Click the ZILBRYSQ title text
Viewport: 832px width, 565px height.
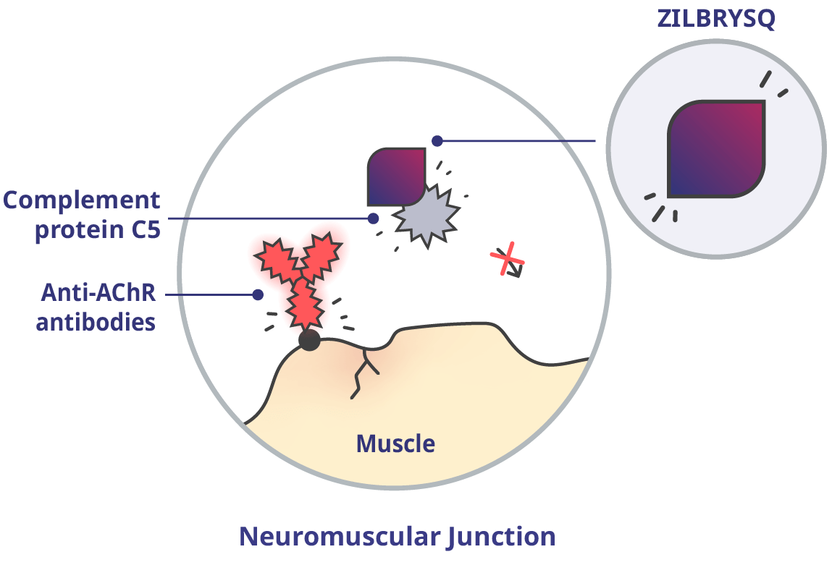tap(715, 19)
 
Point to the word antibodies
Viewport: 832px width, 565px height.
tap(96, 321)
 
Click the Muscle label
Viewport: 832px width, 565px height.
tap(396, 443)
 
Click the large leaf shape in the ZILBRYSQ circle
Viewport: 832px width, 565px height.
tap(716, 149)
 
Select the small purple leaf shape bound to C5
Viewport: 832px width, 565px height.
tap(395, 177)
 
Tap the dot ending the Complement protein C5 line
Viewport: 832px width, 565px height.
tap(373, 218)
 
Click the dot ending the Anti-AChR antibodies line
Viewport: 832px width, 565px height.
tap(257, 294)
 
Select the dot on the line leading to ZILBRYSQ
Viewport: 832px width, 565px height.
tap(436, 141)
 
